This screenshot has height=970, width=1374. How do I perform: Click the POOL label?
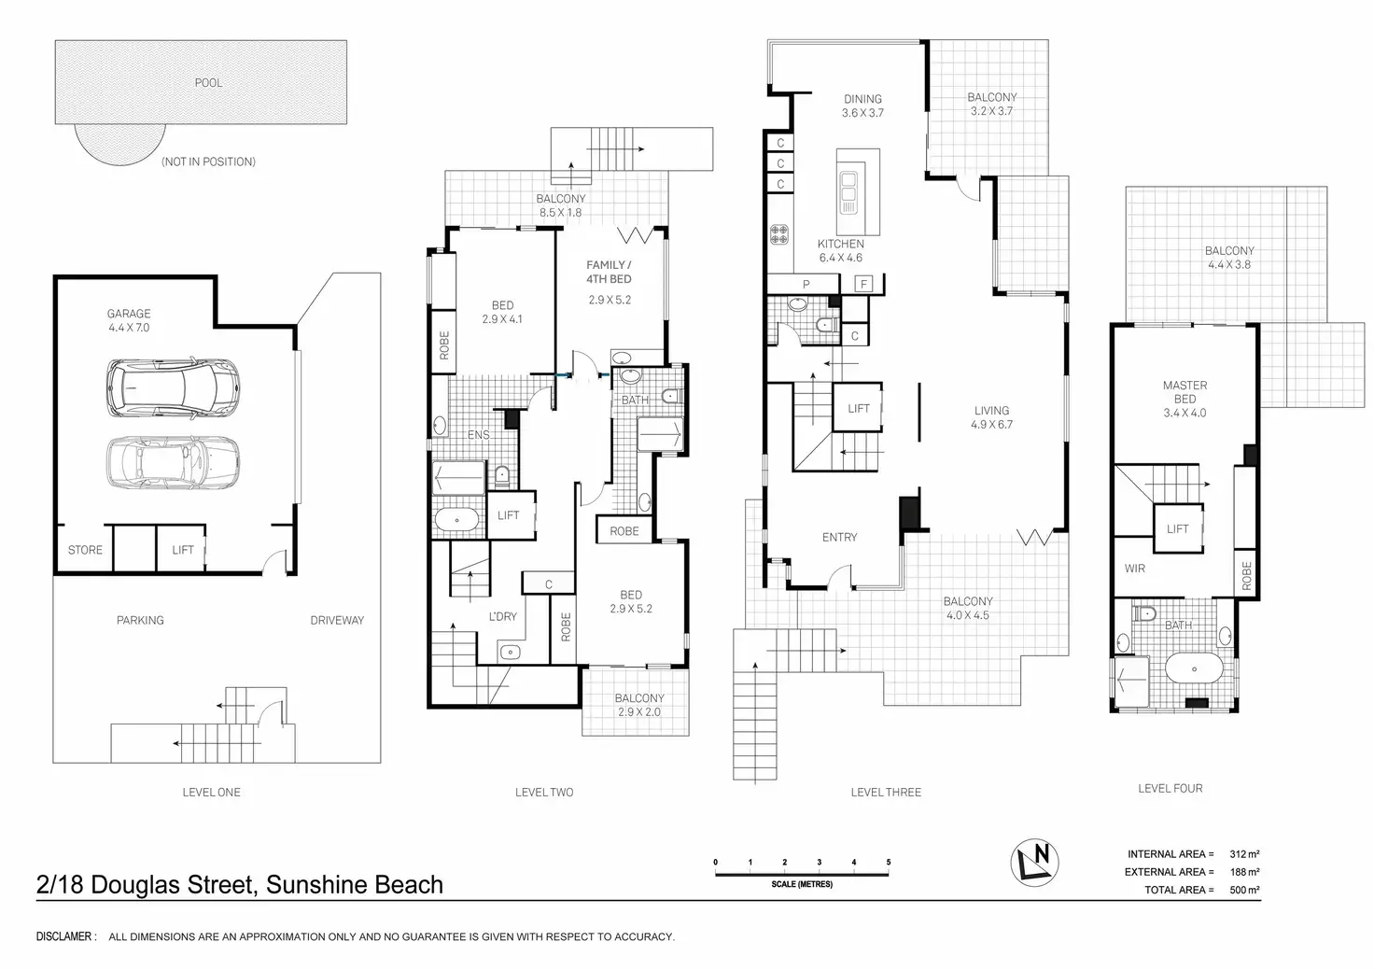[208, 83]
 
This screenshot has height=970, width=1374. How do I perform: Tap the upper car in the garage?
[173, 388]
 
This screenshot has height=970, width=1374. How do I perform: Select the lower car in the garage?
[173, 463]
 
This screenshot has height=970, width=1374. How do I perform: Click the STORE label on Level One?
[85, 550]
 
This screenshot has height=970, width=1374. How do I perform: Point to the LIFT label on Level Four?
[1178, 528]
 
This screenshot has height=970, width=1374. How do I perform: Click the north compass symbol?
[1035, 862]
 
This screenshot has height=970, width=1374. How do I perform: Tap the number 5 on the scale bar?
[889, 862]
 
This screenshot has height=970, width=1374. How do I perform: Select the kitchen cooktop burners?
[779, 234]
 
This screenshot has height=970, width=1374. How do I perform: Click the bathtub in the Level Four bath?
[1194, 669]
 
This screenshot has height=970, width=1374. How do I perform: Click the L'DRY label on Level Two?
[503, 616]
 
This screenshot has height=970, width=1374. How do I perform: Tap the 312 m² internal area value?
[1244, 854]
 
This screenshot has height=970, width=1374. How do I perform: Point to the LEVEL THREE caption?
[886, 792]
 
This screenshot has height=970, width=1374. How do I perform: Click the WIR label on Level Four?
[1135, 569]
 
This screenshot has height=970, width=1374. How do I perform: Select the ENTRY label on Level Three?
[840, 538]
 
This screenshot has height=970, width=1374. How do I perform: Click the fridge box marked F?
[863, 284]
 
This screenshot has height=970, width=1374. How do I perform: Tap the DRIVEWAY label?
[337, 620]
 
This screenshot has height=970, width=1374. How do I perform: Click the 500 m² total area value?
[1244, 890]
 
